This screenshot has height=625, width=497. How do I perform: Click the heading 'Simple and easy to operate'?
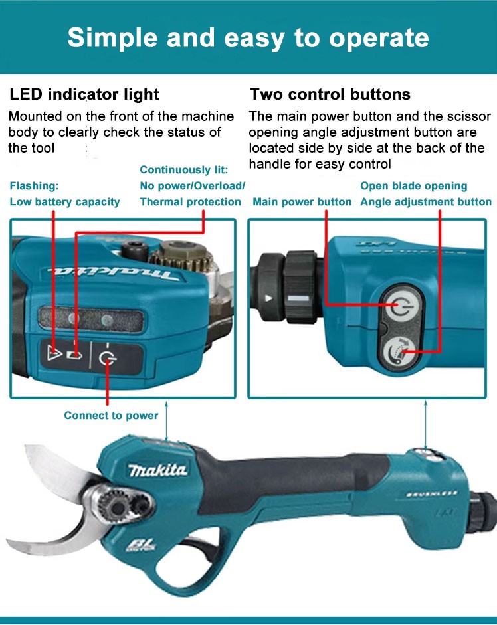tap(248, 39)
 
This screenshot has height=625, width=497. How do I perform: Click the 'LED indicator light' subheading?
tap(84, 94)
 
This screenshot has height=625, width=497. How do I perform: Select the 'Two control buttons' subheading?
tap(330, 94)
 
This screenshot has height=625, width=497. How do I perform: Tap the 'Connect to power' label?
tap(111, 416)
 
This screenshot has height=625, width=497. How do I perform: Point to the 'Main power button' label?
tap(302, 202)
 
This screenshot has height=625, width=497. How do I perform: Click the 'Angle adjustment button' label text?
tap(426, 202)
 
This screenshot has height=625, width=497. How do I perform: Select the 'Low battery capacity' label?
tap(64, 202)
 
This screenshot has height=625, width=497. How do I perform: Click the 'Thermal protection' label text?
tap(190, 202)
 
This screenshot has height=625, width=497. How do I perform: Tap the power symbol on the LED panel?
tap(107, 359)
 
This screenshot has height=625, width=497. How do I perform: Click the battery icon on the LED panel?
tap(74, 355)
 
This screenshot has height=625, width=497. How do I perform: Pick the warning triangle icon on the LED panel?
tap(53, 353)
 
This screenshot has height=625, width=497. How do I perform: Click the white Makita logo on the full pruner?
tap(157, 470)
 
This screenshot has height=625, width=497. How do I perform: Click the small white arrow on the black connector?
tap(269, 298)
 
